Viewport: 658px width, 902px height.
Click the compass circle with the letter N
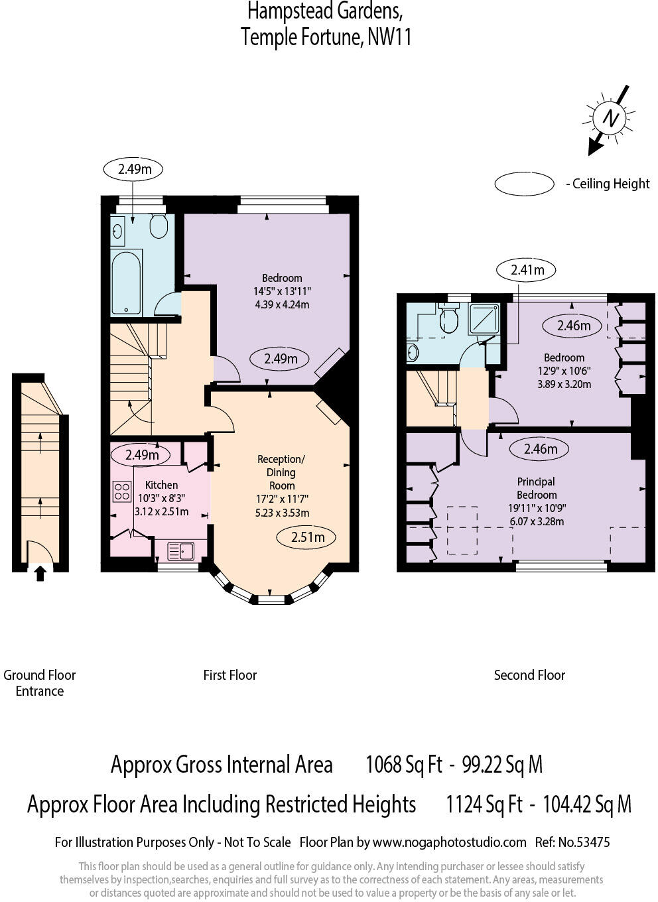pos(609,119)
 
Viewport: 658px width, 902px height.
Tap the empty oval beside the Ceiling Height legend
pos(524,184)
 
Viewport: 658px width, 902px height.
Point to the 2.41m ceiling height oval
pos(527,269)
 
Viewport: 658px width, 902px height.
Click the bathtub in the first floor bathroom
pos(126,283)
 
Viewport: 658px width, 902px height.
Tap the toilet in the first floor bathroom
pos(159,226)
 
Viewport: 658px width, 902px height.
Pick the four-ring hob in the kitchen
pos(122,491)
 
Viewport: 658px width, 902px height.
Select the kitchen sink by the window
pos(180,551)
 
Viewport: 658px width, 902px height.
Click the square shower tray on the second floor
pos(484,318)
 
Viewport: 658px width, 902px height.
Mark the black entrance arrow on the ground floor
pos(40,572)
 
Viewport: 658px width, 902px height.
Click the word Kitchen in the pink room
pos(161,485)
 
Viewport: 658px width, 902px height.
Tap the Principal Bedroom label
pos(537,488)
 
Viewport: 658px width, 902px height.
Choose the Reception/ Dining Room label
pos(281,472)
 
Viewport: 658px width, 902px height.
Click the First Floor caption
pos(230,675)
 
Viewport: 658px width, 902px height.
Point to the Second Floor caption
pos(529,675)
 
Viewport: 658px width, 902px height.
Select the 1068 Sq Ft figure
pos(403,765)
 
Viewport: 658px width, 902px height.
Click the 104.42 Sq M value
pos(586,805)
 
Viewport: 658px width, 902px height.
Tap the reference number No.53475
pos(583,842)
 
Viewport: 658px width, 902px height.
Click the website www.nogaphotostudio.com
pos(449,842)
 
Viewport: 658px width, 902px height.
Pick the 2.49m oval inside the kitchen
pos(142,455)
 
